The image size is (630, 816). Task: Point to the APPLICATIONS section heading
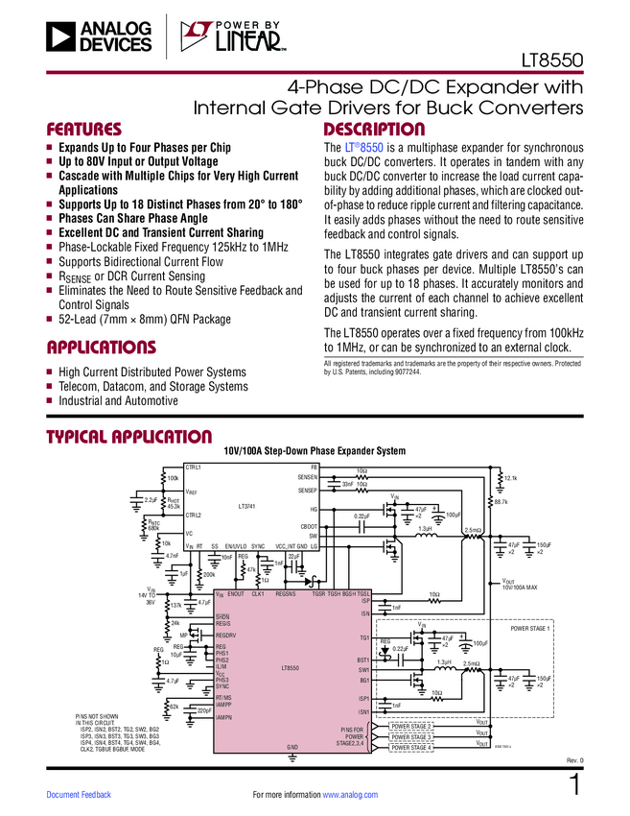tap(101, 347)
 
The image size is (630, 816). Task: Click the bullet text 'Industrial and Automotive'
tap(126, 400)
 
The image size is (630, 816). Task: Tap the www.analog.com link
tap(357, 794)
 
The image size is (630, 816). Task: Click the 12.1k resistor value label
tap(510, 478)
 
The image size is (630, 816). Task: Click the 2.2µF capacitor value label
tap(150, 500)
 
